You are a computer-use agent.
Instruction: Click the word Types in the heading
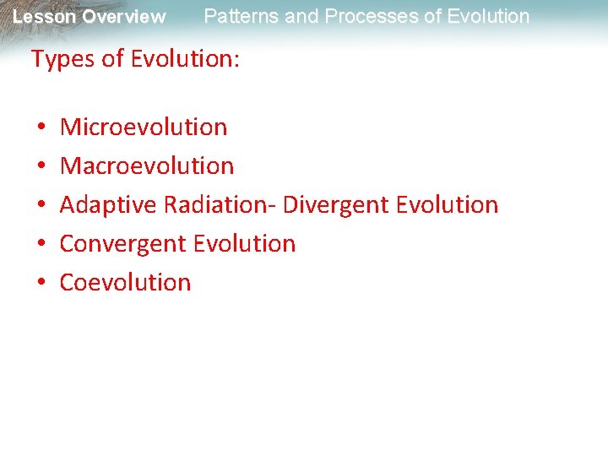point(58,60)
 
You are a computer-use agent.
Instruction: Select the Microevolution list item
point(144,128)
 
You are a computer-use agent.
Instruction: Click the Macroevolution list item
point(147,166)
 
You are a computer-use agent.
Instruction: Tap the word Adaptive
point(109,205)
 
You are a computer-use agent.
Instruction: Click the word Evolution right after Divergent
point(447,205)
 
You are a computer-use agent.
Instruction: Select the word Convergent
point(123,244)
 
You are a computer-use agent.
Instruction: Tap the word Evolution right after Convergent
point(244,244)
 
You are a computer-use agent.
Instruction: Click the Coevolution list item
point(126,282)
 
